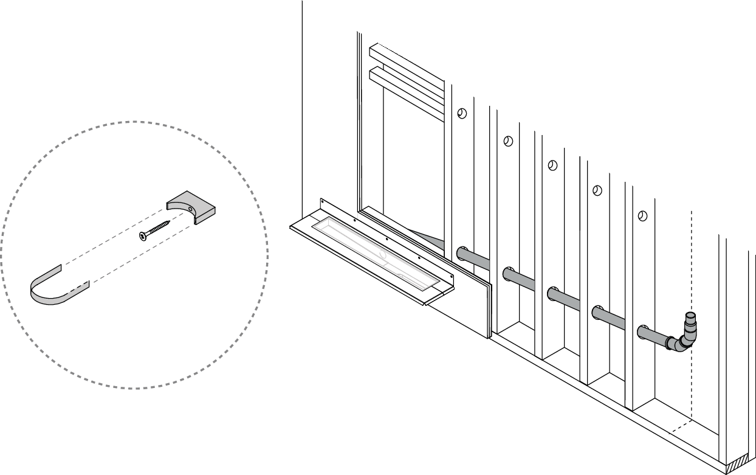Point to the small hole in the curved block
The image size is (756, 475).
pyautogui.click(x=190, y=209)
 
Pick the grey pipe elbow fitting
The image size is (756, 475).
pyautogui.click(x=679, y=342)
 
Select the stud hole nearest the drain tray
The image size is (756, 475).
pyautogui.click(x=462, y=114)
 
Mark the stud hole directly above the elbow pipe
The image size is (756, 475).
pyautogui.click(x=642, y=216)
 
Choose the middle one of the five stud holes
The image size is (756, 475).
pyautogui.click(x=552, y=165)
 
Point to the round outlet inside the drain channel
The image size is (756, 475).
pyautogui.click(x=382, y=255)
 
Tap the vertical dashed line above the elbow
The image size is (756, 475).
pyautogui.click(x=692, y=262)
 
